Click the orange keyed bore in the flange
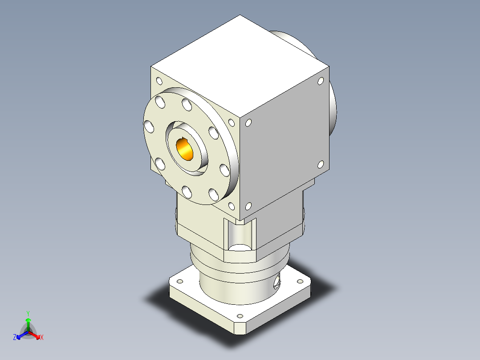pyautogui.click(x=185, y=149)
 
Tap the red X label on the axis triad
pyautogui.click(x=42, y=338)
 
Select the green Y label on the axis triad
pyautogui.click(x=28, y=313)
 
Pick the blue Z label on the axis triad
pyautogui.click(x=15, y=338)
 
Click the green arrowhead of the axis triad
pyautogui.click(x=28, y=320)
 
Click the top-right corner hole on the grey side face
pyautogui.click(x=320, y=81)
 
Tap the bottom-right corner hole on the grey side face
pyautogui.click(x=320, y=164)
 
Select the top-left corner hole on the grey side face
pyautogui.click(x=248, y=123)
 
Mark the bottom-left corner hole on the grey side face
pyautogui.click(x=248, y=206)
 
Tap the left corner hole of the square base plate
pyautogui.click(x=180, y=282)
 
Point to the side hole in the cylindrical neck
pyautogui.click(x=278, y=281)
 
